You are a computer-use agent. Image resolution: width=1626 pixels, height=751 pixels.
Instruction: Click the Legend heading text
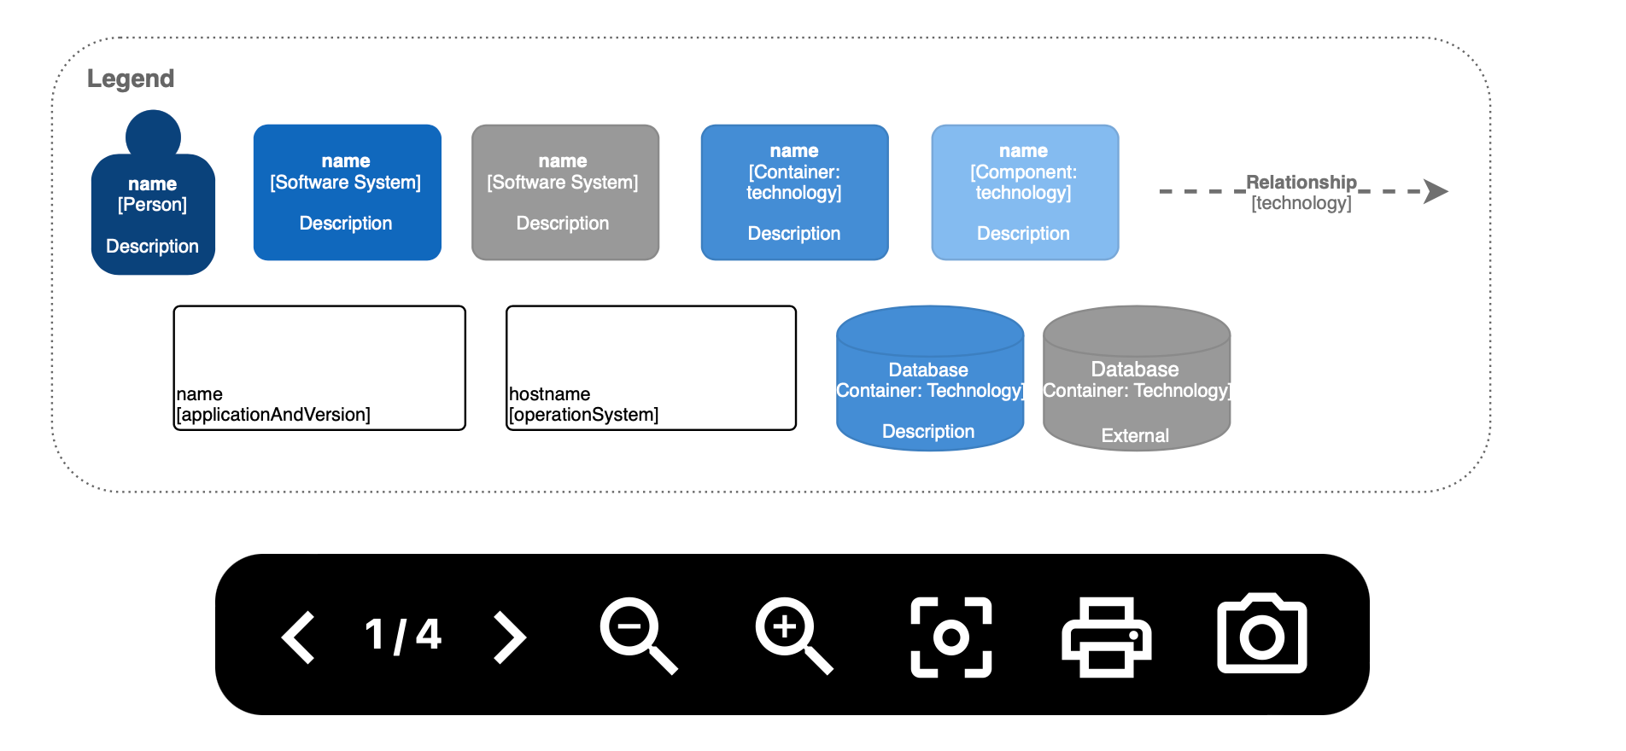click(131, 79)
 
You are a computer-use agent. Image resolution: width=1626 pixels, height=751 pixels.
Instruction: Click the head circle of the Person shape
click(153, 135)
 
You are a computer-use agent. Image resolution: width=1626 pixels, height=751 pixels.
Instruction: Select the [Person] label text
click(152, 205)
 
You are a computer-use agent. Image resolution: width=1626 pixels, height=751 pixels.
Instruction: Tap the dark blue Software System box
click(347, 193)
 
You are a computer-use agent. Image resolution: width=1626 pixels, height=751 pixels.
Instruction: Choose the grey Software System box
click(564, 193)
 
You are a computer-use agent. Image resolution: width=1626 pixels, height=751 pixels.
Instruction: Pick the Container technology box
click(794, 193)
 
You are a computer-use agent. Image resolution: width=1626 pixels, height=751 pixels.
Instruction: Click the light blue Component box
click(1024, 193)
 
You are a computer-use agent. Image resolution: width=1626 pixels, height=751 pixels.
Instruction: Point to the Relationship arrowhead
click(1436, 191)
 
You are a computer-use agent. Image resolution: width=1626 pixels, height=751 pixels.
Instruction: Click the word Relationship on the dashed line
click(1301, 182)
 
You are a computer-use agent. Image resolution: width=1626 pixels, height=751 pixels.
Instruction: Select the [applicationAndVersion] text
click(273, 415)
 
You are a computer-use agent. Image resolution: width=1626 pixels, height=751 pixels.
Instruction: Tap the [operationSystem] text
click(584, 415)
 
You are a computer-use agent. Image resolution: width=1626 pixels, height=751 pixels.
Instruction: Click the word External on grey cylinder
click(1135, 435)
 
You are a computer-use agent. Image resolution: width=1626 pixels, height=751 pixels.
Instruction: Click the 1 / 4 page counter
click(403, 635)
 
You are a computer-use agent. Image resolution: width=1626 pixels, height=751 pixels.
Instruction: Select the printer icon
click(1106, 637)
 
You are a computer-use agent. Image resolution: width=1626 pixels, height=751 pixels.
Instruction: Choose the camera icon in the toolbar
click(1261, 635)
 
